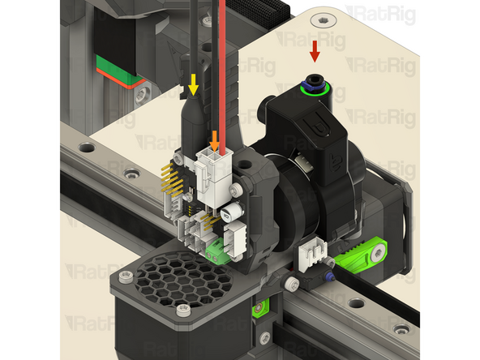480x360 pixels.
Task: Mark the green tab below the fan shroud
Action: pyautogui.click(x=261, y=309)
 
